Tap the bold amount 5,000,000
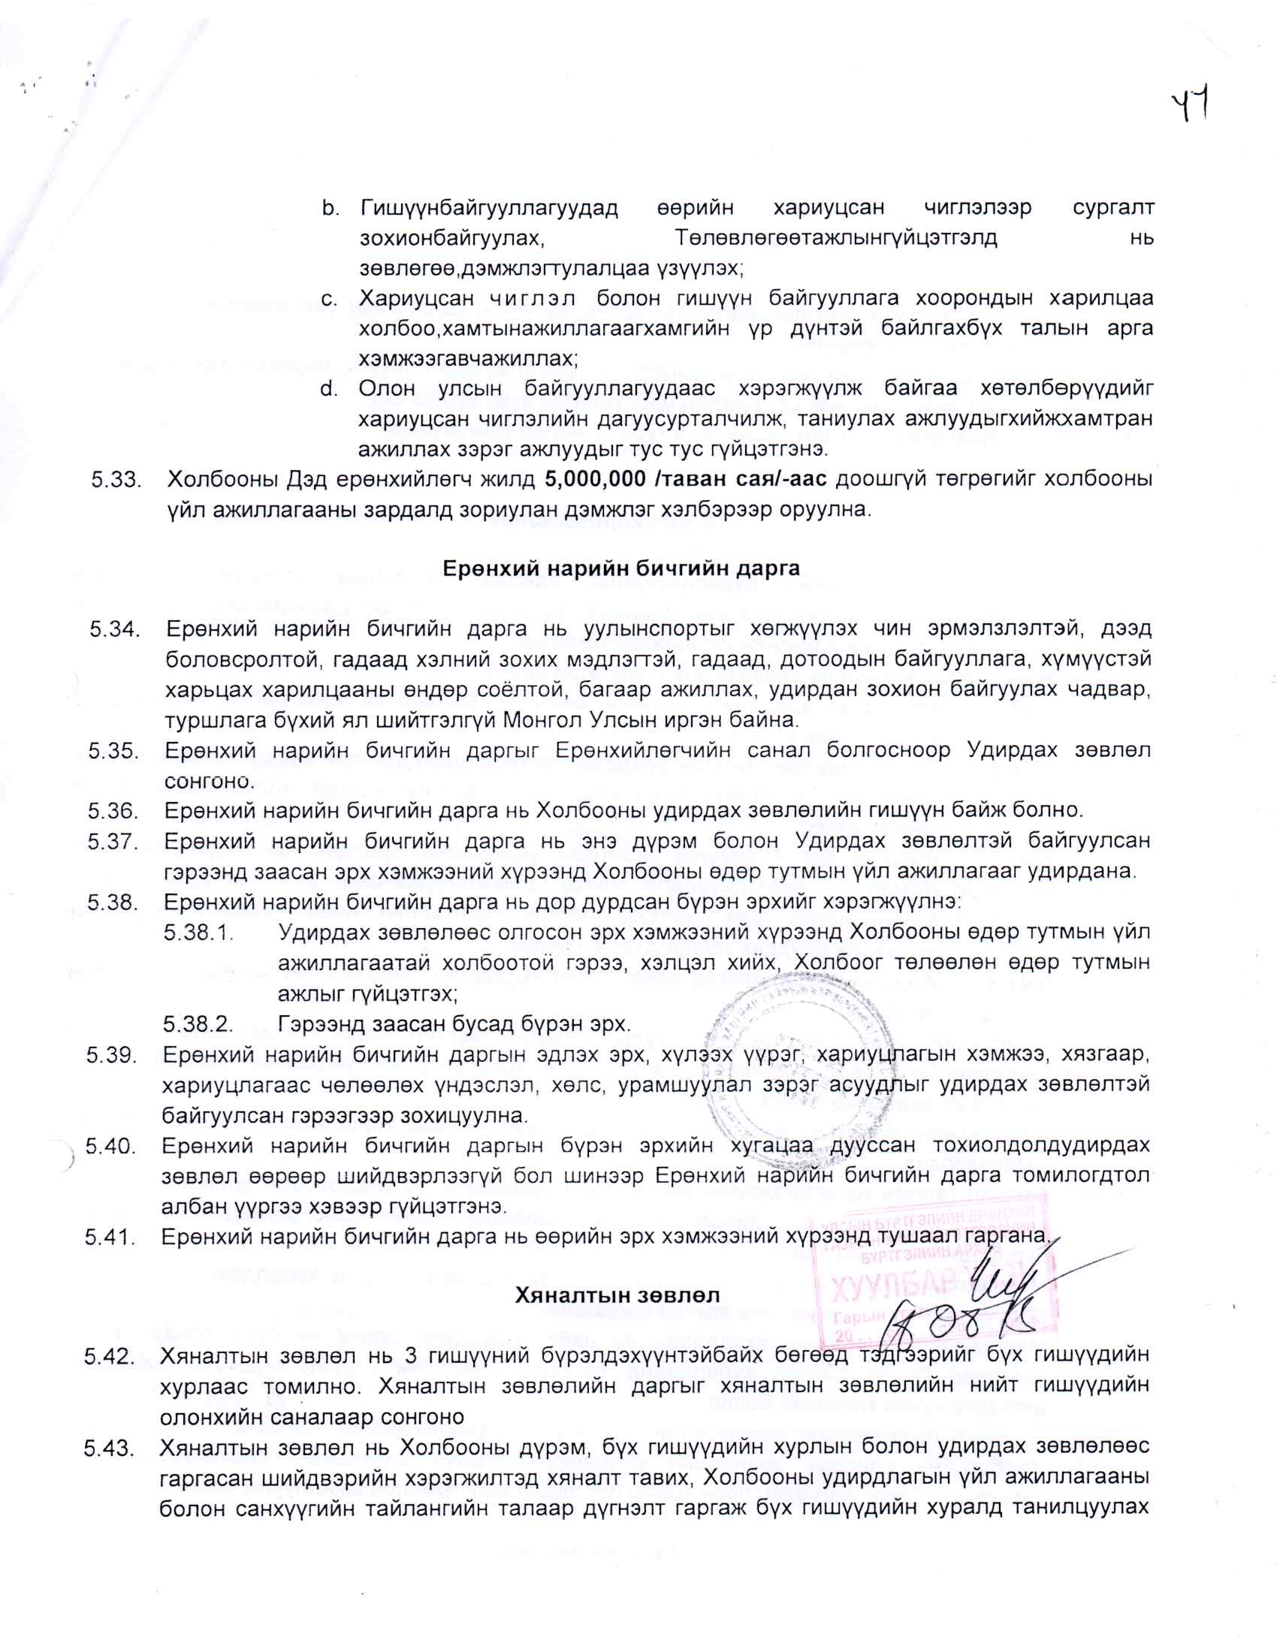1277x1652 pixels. [590, 479]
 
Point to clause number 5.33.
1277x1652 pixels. [116, 480]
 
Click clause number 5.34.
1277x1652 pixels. [114, 629]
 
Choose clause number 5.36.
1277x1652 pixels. [113, 810]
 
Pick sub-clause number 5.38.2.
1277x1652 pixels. [198, 1024]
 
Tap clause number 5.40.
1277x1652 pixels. [111, 1146]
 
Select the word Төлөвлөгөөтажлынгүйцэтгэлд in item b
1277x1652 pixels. [835, 237]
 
